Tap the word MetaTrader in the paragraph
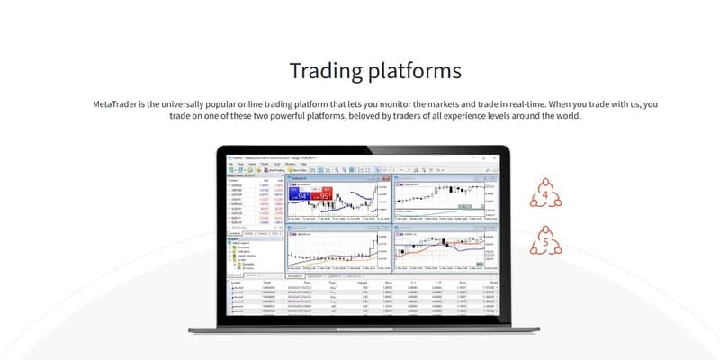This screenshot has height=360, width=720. point(121,104)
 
